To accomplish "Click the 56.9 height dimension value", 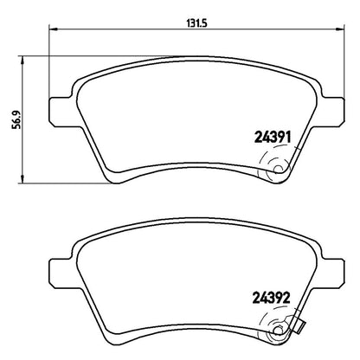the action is (x=16, y=119).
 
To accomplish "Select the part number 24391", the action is (x=273, y=138).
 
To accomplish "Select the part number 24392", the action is (x=271, y=298).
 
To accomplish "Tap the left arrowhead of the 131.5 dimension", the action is (x=54, y=29).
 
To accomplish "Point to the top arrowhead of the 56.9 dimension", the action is (x=22, y=61).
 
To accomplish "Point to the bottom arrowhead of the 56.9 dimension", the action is (x=22, y=178).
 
